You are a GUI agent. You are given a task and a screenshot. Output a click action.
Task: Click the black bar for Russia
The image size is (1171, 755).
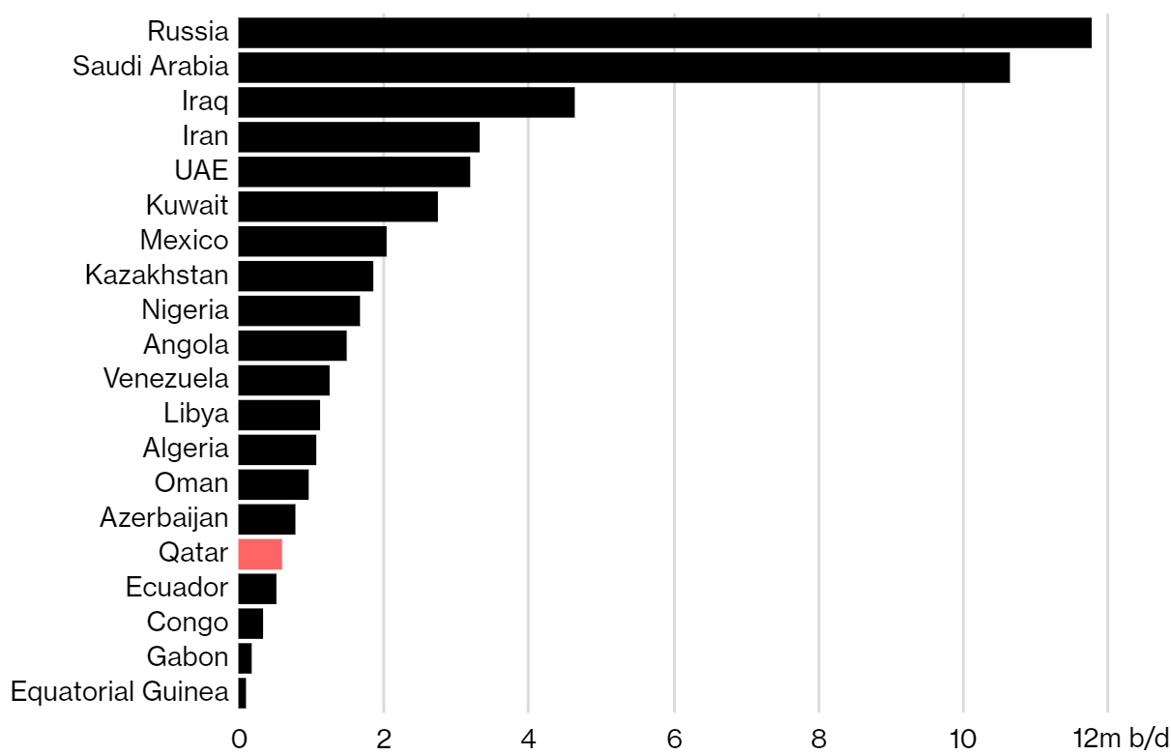pos(664,33)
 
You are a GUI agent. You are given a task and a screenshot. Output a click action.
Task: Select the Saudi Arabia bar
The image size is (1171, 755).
pos(624,68)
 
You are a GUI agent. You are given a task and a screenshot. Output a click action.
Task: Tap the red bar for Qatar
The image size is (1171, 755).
pos(260,554)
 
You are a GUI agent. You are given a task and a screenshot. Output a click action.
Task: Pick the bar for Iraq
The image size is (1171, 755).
pos(406,102)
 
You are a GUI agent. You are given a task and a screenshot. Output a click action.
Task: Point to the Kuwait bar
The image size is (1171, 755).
pos(337,207)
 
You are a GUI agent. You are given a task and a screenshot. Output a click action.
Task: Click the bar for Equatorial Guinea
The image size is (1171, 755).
pos(243,693)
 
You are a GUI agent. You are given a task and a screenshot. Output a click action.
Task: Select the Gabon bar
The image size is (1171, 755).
pos(245,658)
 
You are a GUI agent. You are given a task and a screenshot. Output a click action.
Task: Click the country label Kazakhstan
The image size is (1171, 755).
pos(157,276)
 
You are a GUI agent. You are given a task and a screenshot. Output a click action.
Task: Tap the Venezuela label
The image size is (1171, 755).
pos(166,379)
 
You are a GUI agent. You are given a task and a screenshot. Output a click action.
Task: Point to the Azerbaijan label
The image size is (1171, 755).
pos(164,518)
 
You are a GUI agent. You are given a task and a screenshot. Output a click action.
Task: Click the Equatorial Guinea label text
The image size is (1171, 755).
pos(120,692)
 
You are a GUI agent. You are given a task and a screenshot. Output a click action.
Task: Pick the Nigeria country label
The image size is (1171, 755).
pos(185,310)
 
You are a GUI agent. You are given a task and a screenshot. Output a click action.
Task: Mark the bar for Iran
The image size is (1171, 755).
pos(359,137)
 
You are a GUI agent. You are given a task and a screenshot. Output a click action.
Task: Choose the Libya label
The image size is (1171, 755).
pos(196,414)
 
